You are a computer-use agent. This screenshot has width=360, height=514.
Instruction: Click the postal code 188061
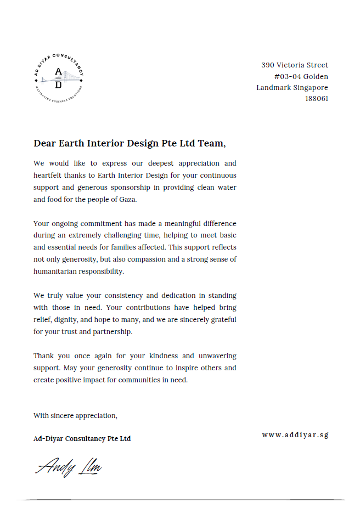pyautogui.click(x=317, y=99)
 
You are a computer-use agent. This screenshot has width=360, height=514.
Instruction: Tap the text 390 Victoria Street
pyautogui.click(x=295, y=65)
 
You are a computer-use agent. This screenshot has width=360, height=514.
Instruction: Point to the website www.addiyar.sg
pyautogui.click(x=295, y=435)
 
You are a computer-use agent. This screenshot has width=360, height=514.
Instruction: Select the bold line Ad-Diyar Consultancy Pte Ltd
pyautogui.click(x=82, y=439)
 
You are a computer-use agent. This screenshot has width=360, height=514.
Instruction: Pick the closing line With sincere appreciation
pyautogui.click(x=75, y=415)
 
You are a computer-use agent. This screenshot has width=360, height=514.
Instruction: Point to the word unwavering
pyautogui.click(x=217, y=356)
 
